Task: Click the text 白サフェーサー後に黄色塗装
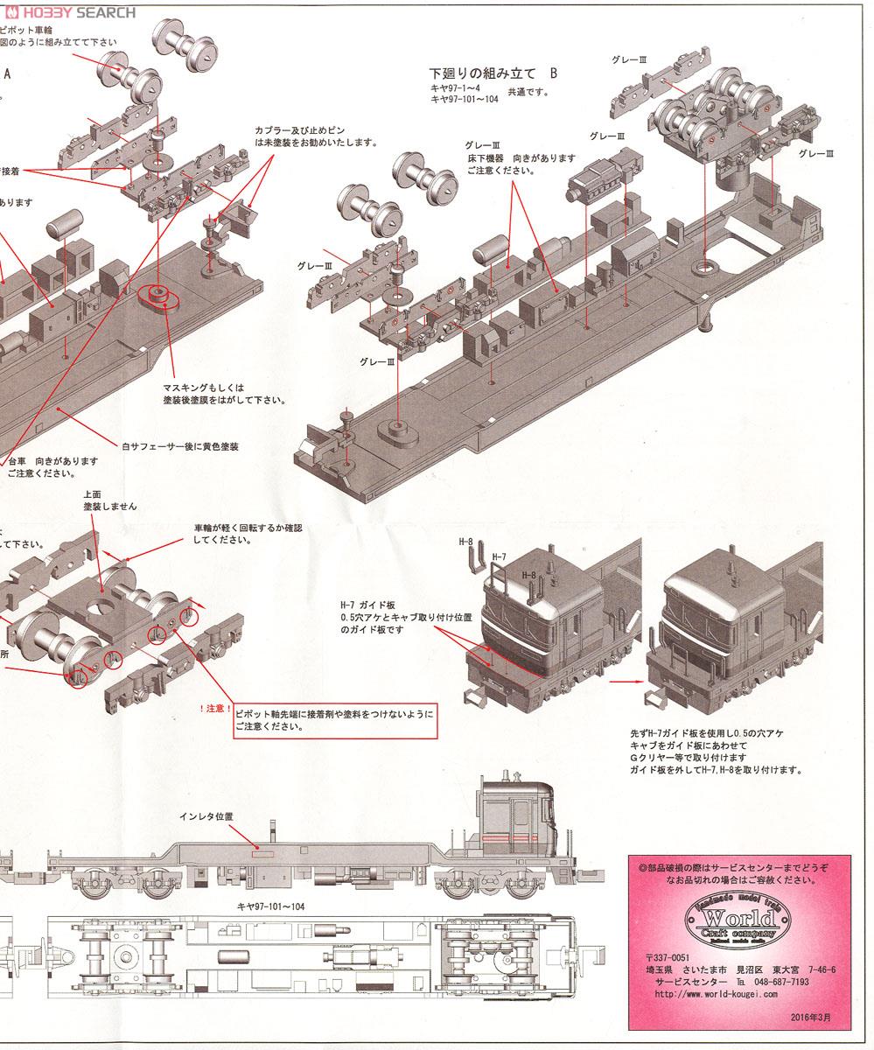180,446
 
